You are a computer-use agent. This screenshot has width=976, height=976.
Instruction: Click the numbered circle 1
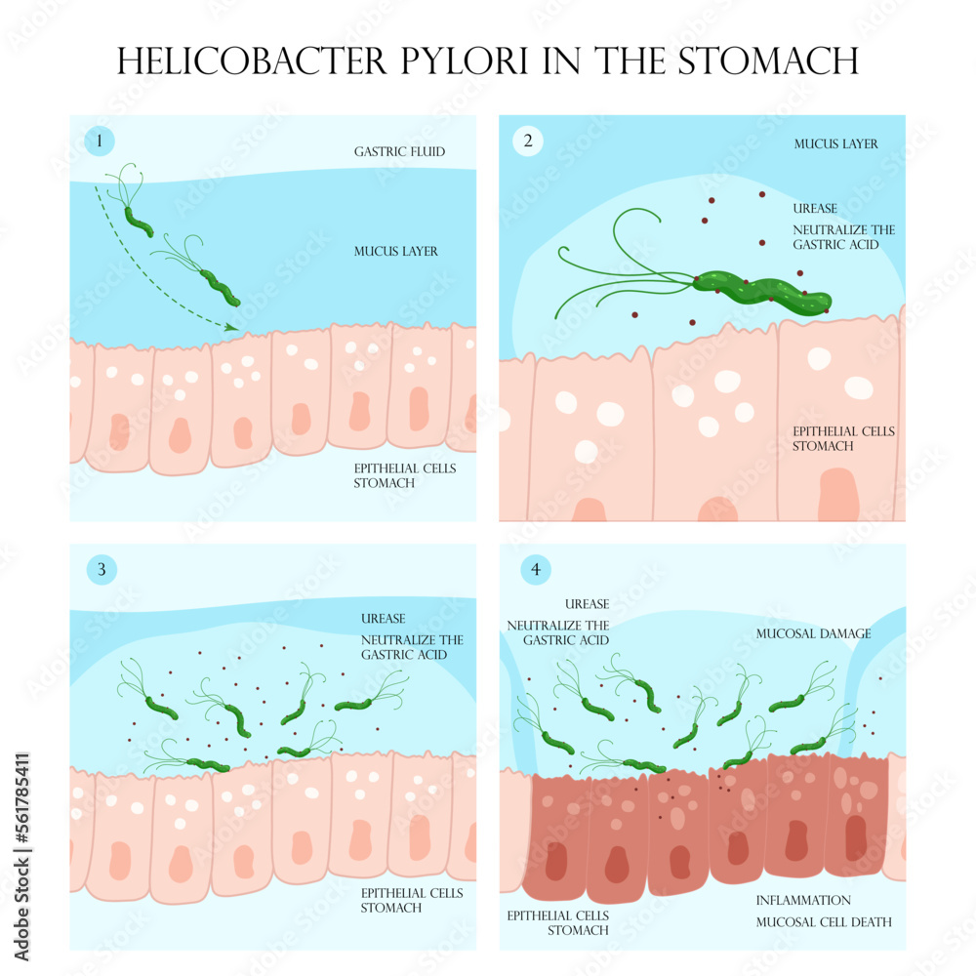tap(100, 142)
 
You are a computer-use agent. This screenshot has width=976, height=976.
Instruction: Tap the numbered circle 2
tap(528, 141)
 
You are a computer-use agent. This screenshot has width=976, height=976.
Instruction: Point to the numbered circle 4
tap(536, 570)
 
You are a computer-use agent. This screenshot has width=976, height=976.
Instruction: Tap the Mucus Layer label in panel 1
tap(395, 252)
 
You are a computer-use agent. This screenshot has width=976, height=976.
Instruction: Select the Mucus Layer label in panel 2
tap(835, 144)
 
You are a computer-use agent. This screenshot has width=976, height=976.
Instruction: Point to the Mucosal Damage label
tap(813, 634)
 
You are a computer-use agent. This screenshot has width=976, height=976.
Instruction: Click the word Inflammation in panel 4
tap(803, 901)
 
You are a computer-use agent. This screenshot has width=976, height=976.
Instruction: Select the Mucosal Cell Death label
tap(824, 922)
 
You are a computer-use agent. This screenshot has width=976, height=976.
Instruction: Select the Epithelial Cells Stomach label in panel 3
tap(411, 901)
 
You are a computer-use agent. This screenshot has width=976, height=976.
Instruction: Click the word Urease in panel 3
tap(384, 619)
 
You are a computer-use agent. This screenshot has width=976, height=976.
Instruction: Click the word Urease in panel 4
tap(587, 605)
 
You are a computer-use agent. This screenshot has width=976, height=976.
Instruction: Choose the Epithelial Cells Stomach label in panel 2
tap(843, 439)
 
